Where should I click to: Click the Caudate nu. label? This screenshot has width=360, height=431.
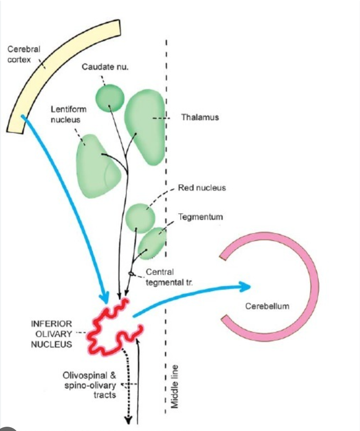pyautogui.click(x=105, y=67)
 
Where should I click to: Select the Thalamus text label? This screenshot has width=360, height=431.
pyautogui.click(x=200, y=117)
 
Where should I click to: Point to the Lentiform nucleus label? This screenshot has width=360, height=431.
pyautogui.click(x=68, y=114)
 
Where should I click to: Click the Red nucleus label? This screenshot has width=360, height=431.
pyautogui.click(x=202, y=188)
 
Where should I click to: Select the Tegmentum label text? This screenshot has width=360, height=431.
pyautogui.click(x=200, y=217)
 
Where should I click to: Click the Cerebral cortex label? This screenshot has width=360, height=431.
pyautogui.click(x=23, y=54)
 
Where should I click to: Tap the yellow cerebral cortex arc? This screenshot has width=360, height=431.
pyautogui.click(x=56, y=60)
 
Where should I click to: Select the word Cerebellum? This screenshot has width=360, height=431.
pyautogui.click(x=267, y=306)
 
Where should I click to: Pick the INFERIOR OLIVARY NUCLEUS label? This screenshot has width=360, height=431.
pyautogui.click(x=52, y=334)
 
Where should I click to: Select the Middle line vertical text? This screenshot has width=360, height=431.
pyautogui.click(x=174, y=386)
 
